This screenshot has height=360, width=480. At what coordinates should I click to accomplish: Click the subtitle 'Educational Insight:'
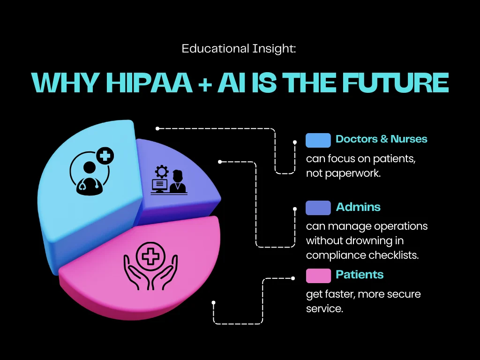point(239,48)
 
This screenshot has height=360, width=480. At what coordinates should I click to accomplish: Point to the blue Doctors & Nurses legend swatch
point(318,140)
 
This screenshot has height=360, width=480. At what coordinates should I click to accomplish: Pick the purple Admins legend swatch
point(318,208)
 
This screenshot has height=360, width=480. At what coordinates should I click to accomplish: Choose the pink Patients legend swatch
point(318,276)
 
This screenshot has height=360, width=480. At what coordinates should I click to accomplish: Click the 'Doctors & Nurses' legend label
point(382,139)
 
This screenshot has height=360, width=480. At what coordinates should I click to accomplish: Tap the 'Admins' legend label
point(358,207)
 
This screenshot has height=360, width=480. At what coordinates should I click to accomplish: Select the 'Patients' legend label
point(360,275)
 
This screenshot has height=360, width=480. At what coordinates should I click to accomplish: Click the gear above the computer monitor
point(161,170)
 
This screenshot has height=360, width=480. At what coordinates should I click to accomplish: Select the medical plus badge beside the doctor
point(105,155)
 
